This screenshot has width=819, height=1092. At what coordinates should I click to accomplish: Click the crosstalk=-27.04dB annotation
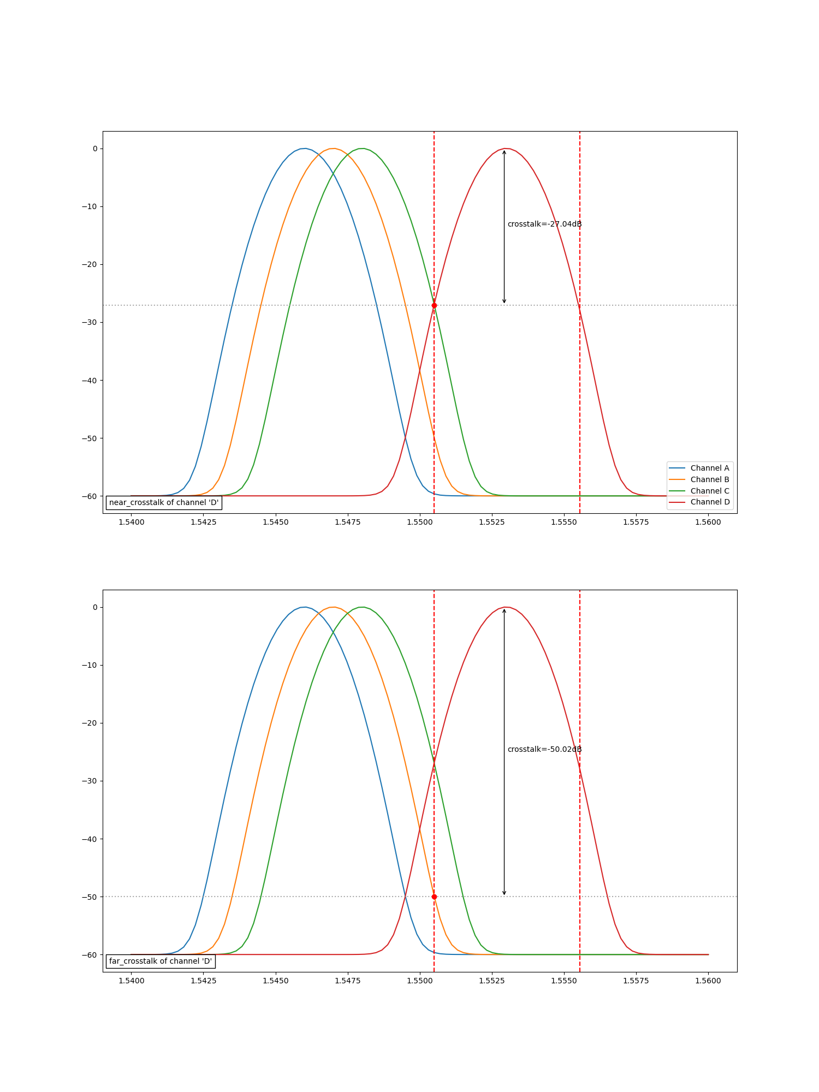pos(544,224)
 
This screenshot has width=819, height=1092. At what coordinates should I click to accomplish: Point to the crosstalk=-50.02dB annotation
pos(544,749)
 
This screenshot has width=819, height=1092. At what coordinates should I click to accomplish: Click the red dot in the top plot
pos(434,305)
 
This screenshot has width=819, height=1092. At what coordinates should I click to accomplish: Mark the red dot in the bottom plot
pos(434,897)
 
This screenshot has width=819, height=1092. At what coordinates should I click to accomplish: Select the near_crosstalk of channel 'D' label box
pos(164,502)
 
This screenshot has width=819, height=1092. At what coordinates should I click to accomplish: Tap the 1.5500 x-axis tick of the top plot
pos(420,522)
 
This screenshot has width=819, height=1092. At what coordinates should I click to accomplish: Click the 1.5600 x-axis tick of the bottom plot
pos(708,981)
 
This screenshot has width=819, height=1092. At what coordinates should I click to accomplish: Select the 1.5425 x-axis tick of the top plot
pos(203,522)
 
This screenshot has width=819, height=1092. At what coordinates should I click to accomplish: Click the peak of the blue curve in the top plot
pos(304,149)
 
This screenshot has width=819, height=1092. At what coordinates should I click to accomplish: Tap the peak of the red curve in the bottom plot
pos(507,607)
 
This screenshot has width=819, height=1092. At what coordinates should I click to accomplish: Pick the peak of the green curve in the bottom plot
pos(362,607)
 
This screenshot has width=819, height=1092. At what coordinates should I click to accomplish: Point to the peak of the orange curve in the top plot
pos(333,149)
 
